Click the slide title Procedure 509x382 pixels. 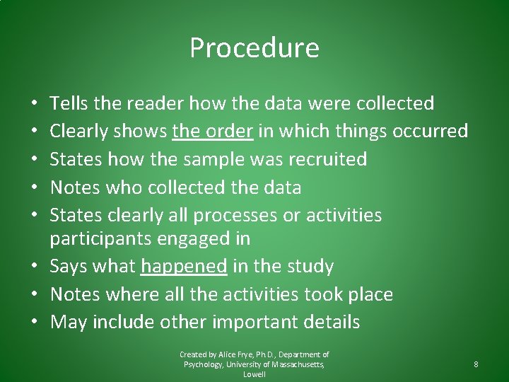click(x=255, y=48)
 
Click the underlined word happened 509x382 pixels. click(x=184, y=267)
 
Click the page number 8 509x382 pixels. click(x=476, y=364)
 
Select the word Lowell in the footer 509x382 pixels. click(x=255, y=374)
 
